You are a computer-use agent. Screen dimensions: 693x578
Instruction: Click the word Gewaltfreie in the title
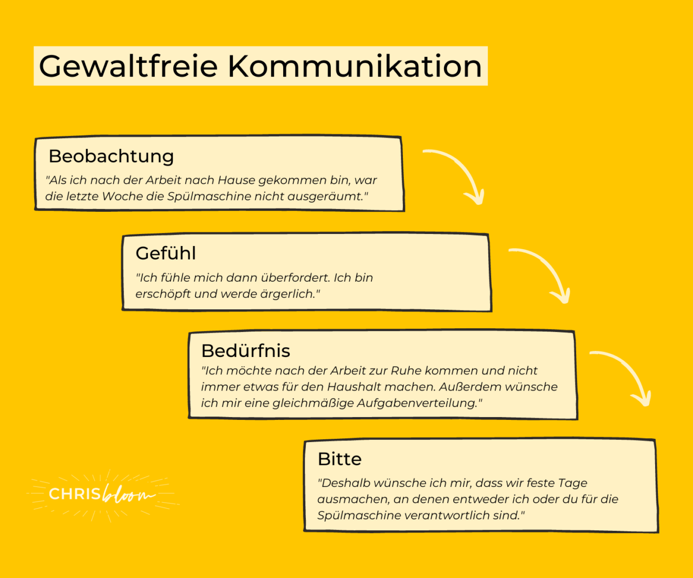(x=128, y=66)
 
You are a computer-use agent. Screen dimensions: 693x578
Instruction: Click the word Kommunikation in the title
(x=355, y=66)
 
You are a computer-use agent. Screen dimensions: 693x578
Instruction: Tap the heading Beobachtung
(x=111, y=157)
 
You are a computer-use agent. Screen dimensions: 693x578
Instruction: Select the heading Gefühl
(x=166, y=253)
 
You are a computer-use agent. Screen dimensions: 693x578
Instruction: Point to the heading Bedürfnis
(x=246, y=351)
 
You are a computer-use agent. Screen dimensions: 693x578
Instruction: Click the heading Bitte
(x=339, y=459)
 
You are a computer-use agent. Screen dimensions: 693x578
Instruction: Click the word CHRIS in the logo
(x=75, y=494)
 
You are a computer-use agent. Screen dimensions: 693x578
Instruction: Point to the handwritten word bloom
(x=128, y=494)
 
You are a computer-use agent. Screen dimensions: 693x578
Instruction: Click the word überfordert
(x=296, y=278)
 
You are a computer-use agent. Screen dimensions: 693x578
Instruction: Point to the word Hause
(x=237, y=180)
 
